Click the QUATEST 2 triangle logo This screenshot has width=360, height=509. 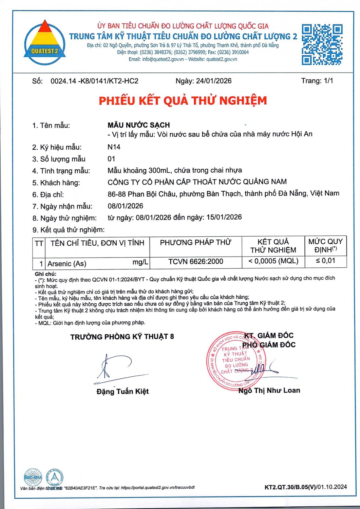pos(45,43)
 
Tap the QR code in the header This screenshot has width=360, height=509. pos(322,44)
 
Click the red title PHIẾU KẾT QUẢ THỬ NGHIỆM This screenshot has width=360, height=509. pos(183,100)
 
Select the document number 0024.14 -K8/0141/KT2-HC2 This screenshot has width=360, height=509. pos(94,81)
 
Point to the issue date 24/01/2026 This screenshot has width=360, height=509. pos(214,81)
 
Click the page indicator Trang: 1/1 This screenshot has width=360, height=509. pos(317,81)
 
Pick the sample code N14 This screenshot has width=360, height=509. pos(114,147)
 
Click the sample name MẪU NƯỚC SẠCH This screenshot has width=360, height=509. pos(138,125)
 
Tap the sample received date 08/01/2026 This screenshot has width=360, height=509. pos(125,206)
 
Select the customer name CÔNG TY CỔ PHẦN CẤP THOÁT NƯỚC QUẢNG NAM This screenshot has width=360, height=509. pos(197,182)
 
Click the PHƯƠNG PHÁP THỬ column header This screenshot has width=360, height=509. pos(195,243)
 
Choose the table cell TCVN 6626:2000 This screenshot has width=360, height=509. pos(196,261)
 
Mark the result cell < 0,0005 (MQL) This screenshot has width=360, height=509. pos(273,261)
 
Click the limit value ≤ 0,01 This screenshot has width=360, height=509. pos(325,261)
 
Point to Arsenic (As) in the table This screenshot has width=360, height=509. pos(67,264)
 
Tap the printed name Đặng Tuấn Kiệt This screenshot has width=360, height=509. pos(122,391)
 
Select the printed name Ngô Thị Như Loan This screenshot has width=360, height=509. pos(269,390)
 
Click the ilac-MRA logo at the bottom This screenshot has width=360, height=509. pos(33,477)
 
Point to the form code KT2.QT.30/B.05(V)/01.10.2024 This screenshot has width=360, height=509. pos(305,487)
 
